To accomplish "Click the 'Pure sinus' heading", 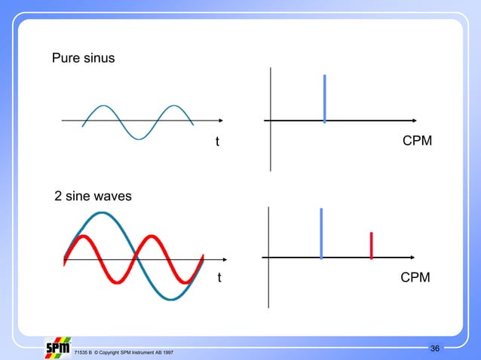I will click(83, 57).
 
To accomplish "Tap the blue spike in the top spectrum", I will click(324, 98).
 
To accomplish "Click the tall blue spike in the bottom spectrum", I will click(321, 233).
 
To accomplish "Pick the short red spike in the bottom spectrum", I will click(372, 246).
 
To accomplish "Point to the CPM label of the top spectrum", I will click(417, 142).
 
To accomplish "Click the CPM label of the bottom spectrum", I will click(415, 278).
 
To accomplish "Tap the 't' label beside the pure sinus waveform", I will click(217, 142).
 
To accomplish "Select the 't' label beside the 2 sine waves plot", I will click(219, 278).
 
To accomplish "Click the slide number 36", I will click(435, 347).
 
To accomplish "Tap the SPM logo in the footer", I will click(58, 349).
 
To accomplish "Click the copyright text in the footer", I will click(124, 352).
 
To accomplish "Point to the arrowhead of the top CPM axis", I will click(415, 121).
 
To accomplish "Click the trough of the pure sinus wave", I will click(137, 138).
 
